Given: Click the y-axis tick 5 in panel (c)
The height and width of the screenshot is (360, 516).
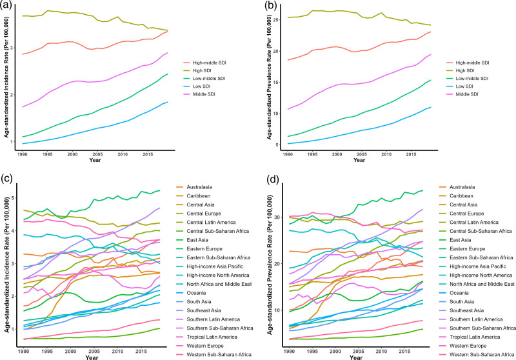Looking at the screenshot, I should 14,197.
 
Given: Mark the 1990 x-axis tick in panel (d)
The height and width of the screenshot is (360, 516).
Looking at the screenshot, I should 288,349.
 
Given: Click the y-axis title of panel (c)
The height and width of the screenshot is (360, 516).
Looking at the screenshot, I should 6,266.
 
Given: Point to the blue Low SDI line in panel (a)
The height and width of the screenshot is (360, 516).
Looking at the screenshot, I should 97,129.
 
